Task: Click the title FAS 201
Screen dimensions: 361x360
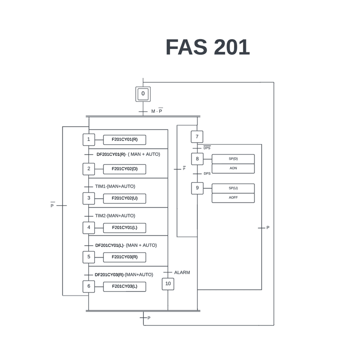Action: click(x=207, y=47)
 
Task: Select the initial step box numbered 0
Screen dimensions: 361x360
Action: click(x=143, y=94)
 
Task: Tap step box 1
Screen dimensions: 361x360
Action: click(x=89, y=139)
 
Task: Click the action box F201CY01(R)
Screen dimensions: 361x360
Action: click(x=124, y=139)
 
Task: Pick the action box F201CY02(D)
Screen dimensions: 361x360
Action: click(x=124, y=169)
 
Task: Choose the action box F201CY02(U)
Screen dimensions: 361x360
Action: click(x=124, y=198)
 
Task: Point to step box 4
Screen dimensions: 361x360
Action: click(x=89, y=227)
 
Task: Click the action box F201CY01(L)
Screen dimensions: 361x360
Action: click(x=124, y=227)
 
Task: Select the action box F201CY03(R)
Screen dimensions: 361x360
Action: click(x=124, y=257)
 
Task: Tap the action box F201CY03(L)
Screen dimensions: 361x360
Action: click(x=124, y=286)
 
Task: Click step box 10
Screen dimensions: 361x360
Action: click(x=168, y=284)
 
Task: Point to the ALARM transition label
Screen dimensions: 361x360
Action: click(x=182, y=272)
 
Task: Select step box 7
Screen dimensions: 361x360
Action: click(x=197, y=137)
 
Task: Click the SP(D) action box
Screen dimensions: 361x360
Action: click(x=233, y=159)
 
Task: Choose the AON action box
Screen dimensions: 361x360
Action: click(x=233, y=169)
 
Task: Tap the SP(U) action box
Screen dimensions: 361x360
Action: click(x=233, y=188)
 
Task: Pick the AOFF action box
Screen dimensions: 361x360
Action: click(x=233, y=198)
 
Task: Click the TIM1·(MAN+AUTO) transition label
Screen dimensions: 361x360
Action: click(x=115, y=186)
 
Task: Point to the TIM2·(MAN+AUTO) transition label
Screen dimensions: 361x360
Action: click(x=115, y=216)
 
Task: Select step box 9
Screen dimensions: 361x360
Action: click(x=197, y=188)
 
